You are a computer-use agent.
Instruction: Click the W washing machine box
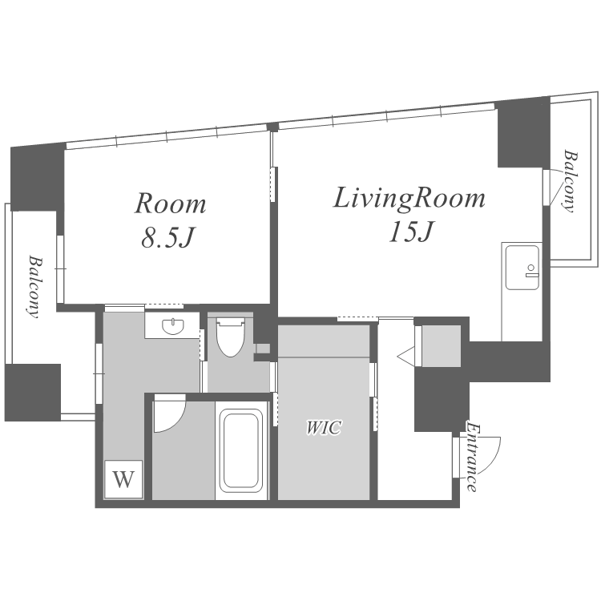pos(123,478)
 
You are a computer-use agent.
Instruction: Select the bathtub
pos(241,450)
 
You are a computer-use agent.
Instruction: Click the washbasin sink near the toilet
pos(172,326)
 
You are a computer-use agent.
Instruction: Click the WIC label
pos(324,427)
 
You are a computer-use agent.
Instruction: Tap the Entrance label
pos(473,457)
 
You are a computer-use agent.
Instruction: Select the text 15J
pos(410,232)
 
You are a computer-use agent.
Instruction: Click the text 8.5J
pos(168,238)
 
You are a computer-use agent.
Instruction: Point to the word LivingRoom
pos(409,198)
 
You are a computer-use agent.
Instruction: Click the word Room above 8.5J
pos(170,204)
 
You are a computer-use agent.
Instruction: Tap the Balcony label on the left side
pos(34,287)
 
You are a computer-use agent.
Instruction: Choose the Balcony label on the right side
pos(571,180)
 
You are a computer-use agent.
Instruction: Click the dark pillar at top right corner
pos(523,133)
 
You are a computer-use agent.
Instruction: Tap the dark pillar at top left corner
pos(37,179)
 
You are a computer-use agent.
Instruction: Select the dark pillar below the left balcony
pos(33,393)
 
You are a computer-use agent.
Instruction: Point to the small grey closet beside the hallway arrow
pos(441,346)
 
